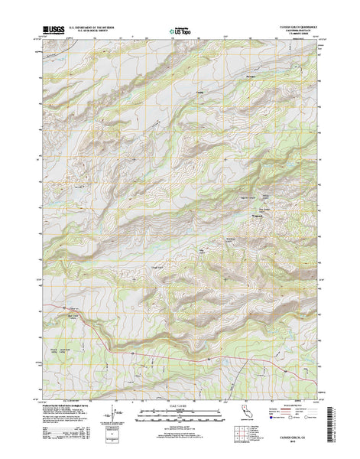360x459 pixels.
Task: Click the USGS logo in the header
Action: tap(52, 31)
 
